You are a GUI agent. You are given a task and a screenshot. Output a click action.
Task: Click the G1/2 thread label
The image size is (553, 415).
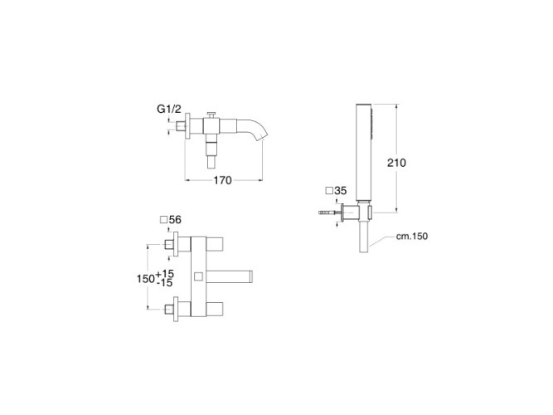[169, 109]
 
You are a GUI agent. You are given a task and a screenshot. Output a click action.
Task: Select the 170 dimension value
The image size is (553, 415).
[222, 180]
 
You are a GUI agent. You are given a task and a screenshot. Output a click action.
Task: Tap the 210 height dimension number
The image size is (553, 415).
[396, 163]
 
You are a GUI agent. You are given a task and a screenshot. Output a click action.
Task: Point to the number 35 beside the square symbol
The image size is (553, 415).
[340, 191]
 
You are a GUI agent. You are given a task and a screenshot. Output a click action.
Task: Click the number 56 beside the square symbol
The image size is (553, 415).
[175, 220]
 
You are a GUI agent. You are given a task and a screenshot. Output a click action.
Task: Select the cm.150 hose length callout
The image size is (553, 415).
[412, 236]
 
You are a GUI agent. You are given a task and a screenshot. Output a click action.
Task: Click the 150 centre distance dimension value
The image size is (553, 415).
[146, 279]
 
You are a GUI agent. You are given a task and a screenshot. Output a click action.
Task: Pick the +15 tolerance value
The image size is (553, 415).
[165, 273]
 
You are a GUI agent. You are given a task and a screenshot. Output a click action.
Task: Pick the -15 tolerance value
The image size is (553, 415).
[165, 283]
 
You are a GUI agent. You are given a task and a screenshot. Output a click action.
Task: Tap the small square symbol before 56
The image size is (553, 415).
[163, 220]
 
